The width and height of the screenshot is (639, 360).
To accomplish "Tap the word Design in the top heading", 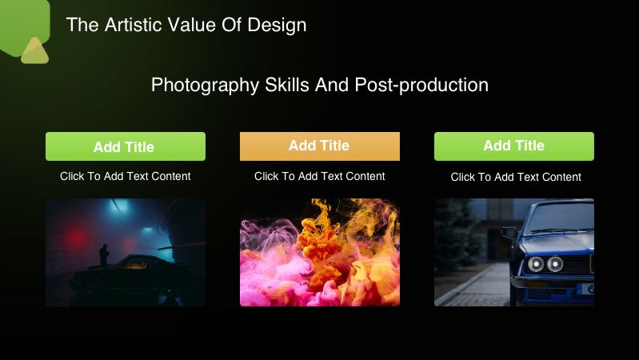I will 279,25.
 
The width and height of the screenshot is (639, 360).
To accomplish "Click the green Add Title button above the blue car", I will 513,146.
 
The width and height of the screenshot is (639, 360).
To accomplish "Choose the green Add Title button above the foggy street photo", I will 125,146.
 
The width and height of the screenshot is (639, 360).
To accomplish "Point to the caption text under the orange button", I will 319,176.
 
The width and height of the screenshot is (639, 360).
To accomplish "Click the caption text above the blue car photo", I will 515,177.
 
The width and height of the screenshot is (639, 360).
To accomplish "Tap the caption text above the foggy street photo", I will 125,176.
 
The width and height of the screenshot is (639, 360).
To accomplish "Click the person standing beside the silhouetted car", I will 102,255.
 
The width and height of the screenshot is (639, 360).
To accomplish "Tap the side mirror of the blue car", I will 509,233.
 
